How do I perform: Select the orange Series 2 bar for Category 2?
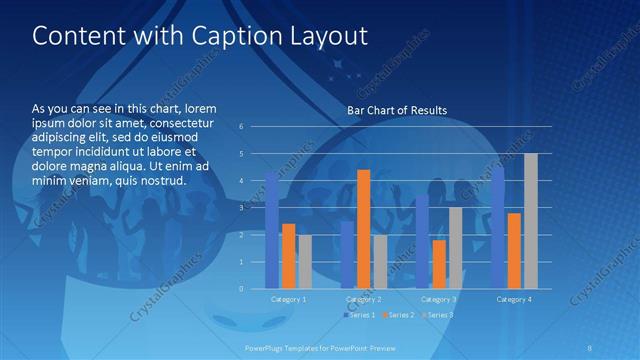(x=363, y=229)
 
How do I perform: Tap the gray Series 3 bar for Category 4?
(x=531, y=221)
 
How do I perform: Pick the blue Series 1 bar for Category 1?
(x=271, y=230)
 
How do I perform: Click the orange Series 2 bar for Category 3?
(x=439, y=264)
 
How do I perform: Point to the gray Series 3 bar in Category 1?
(x=305, y=261)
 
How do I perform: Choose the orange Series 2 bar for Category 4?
(x=514, y=250)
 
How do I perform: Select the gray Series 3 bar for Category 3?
(x=456, y=247)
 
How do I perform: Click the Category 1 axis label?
(x=288, y=299)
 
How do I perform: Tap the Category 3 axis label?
(x=439, y=299)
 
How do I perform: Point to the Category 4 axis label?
(x=514, y=299)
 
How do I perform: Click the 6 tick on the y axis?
(x=241, y=126)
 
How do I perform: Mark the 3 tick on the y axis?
(x=241, y=207)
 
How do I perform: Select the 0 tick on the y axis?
(x=241, y=288)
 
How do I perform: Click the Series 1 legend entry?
(x=360, y=315)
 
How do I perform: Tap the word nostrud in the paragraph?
(x=161, y=180)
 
